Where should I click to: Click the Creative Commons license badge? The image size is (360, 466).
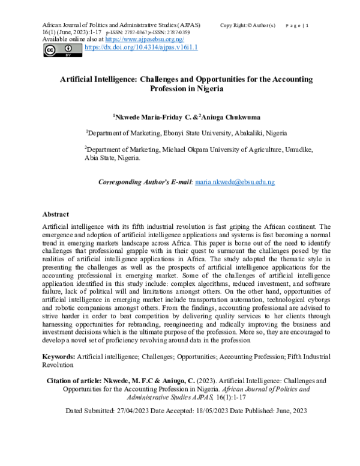[x=62, y=50]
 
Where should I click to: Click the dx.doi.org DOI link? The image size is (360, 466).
[x=141, y=47]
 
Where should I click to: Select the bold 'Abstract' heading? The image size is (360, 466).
[x=56, y=214]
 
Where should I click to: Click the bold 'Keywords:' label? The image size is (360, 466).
[x=59, y=357]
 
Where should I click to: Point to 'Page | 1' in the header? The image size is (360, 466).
[x=297, y=25]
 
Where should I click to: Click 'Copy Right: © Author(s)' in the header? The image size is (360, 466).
[x=248, y=25]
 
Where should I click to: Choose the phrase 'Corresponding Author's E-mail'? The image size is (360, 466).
[x=144, y=181]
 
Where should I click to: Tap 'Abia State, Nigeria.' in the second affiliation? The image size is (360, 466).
[x=112, y=159]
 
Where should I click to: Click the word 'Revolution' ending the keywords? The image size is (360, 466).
[x=58, y=365]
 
